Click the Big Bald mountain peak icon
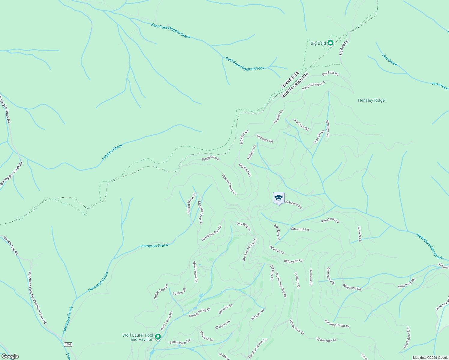click(330, 43)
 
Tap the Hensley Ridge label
click(371, 100)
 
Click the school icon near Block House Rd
click(279, 198)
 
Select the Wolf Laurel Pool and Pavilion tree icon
click(158, 337)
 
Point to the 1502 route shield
click(68, 344)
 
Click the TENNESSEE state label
click(290, 80)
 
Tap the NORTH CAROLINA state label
click(295, 85)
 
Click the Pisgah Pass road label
click(210, 158)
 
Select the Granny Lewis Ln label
click(229, 184)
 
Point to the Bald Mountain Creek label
click(429, 247)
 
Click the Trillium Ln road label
click(251, 152)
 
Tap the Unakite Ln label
click(278, 117)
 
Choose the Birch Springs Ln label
click(313, 85)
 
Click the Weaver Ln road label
click(359, 234)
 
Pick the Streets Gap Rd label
click(11, 245)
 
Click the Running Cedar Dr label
click(337, 323)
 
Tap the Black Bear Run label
click(407, 337)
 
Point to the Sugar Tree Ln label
click(161, 291)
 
